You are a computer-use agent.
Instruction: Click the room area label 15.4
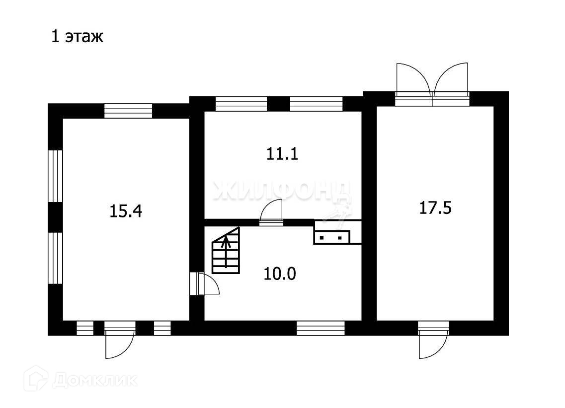[x=126, y=212]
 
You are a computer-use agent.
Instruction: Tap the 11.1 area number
[x=282, y=154]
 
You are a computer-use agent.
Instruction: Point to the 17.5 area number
[x=435, y=208]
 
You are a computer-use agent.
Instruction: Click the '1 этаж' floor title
[x=77, y=37]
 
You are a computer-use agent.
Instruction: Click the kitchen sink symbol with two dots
[x=332, y=237]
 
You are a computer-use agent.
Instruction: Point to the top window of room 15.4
[x=128, y=111]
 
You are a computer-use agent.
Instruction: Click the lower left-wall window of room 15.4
[x=55, y=258]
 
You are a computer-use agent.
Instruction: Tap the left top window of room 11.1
[x=241, y=104]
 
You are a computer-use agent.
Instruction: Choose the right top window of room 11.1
[x=316, y=104]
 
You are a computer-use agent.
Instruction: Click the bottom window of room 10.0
[x=321, y=328]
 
